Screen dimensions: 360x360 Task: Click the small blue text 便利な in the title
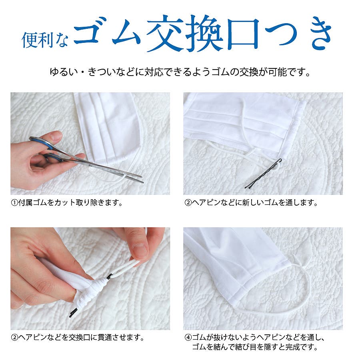coord(45,40)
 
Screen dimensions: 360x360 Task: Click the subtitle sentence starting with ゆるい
coord(180,72)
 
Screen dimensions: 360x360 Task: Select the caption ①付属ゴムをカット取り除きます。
coord(66,202)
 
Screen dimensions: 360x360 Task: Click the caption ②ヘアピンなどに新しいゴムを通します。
coord(251,202)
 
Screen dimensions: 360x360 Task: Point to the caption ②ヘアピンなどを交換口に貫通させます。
coord(78,337)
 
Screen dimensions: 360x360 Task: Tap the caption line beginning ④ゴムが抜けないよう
coord(255,337)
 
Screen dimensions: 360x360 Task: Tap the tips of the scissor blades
coord(140,179)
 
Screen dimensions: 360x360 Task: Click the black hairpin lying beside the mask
coord(264,174)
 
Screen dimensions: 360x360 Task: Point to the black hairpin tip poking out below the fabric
coord(74,312)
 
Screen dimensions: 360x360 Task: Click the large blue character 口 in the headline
coord(243,34)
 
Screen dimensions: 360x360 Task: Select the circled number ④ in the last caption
coord(188,338)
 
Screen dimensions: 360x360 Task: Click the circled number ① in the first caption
coord(14,203)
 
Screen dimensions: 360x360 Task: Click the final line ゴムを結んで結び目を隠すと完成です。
coord(255,347)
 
